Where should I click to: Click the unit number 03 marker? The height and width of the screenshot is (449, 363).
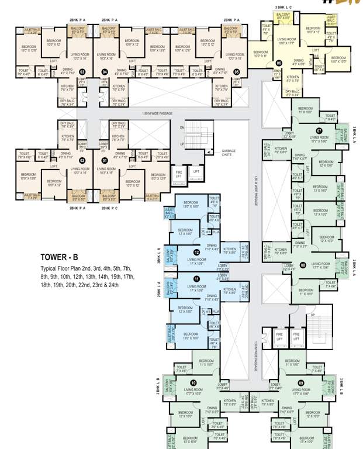pyautogui.click(x=82, y=72)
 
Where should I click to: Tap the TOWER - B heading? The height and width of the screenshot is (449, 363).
pyautogui.click(x=63, y=257)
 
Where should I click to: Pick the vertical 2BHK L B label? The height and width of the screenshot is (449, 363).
pyautogui.click(x=159, y=255)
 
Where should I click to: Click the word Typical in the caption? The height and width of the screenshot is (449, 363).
pyautogui.click(x=50, y=268)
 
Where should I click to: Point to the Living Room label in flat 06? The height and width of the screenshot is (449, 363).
pyautogui.click(x=287, y=40)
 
